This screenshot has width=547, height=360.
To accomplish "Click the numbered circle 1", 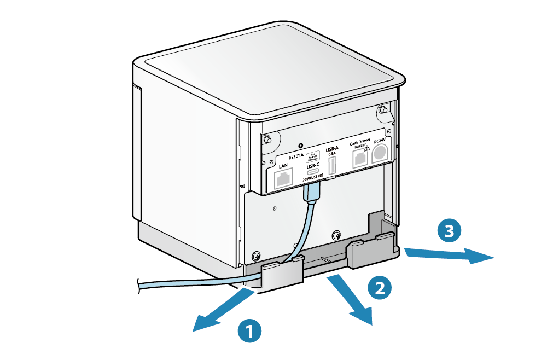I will tap(249, 331).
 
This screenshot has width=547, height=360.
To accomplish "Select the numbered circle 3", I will tap(449, 231).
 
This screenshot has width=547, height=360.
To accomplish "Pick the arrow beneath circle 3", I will tap(449, 254).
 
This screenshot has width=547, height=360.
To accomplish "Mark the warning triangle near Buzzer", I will tap(368, 147).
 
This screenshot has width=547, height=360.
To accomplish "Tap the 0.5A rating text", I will tap(331, 154).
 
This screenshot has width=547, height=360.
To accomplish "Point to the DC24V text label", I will tap(379, 141).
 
